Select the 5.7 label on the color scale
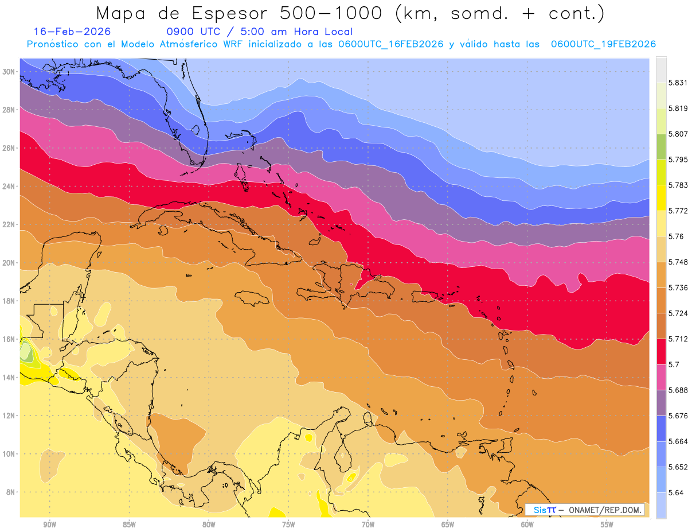click(674, 364)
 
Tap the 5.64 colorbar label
click(676, 492)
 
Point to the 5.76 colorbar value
click(676, 236)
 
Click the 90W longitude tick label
click(49, 525)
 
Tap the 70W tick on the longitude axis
click(368, 525)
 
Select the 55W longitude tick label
click(607, 525)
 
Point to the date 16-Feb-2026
click(72, 32)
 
